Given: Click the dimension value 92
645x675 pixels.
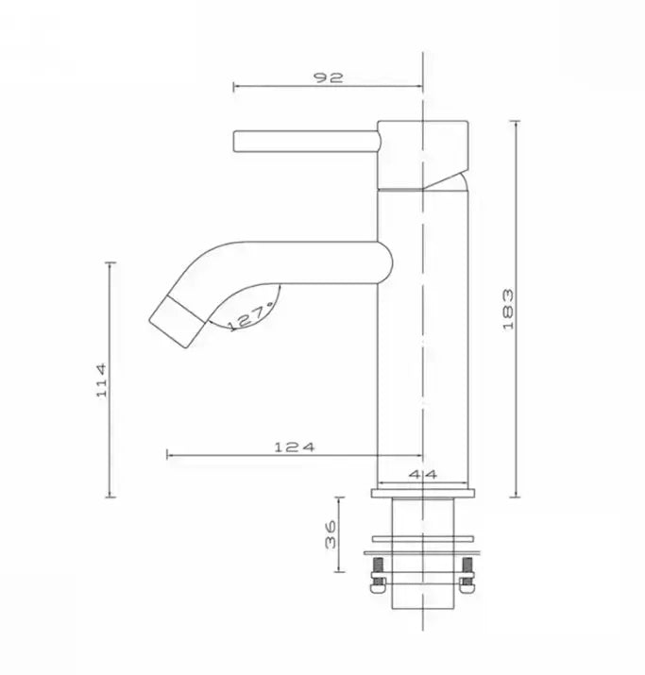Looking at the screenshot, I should pyautogui.click(x=330, y=77).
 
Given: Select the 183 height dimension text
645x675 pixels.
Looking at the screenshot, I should pyautogui.click(x=507, y=308).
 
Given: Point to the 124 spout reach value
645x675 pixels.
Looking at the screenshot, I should pyautogui.click(x=294, y=447).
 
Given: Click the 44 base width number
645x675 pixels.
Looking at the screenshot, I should pyautogui.click(x=422, y=476).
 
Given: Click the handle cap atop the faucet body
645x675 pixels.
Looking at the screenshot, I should pyautogui.click(x=423, y=151).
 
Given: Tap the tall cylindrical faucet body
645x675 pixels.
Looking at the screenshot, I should pyautogui.click(x=422, y=330).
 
